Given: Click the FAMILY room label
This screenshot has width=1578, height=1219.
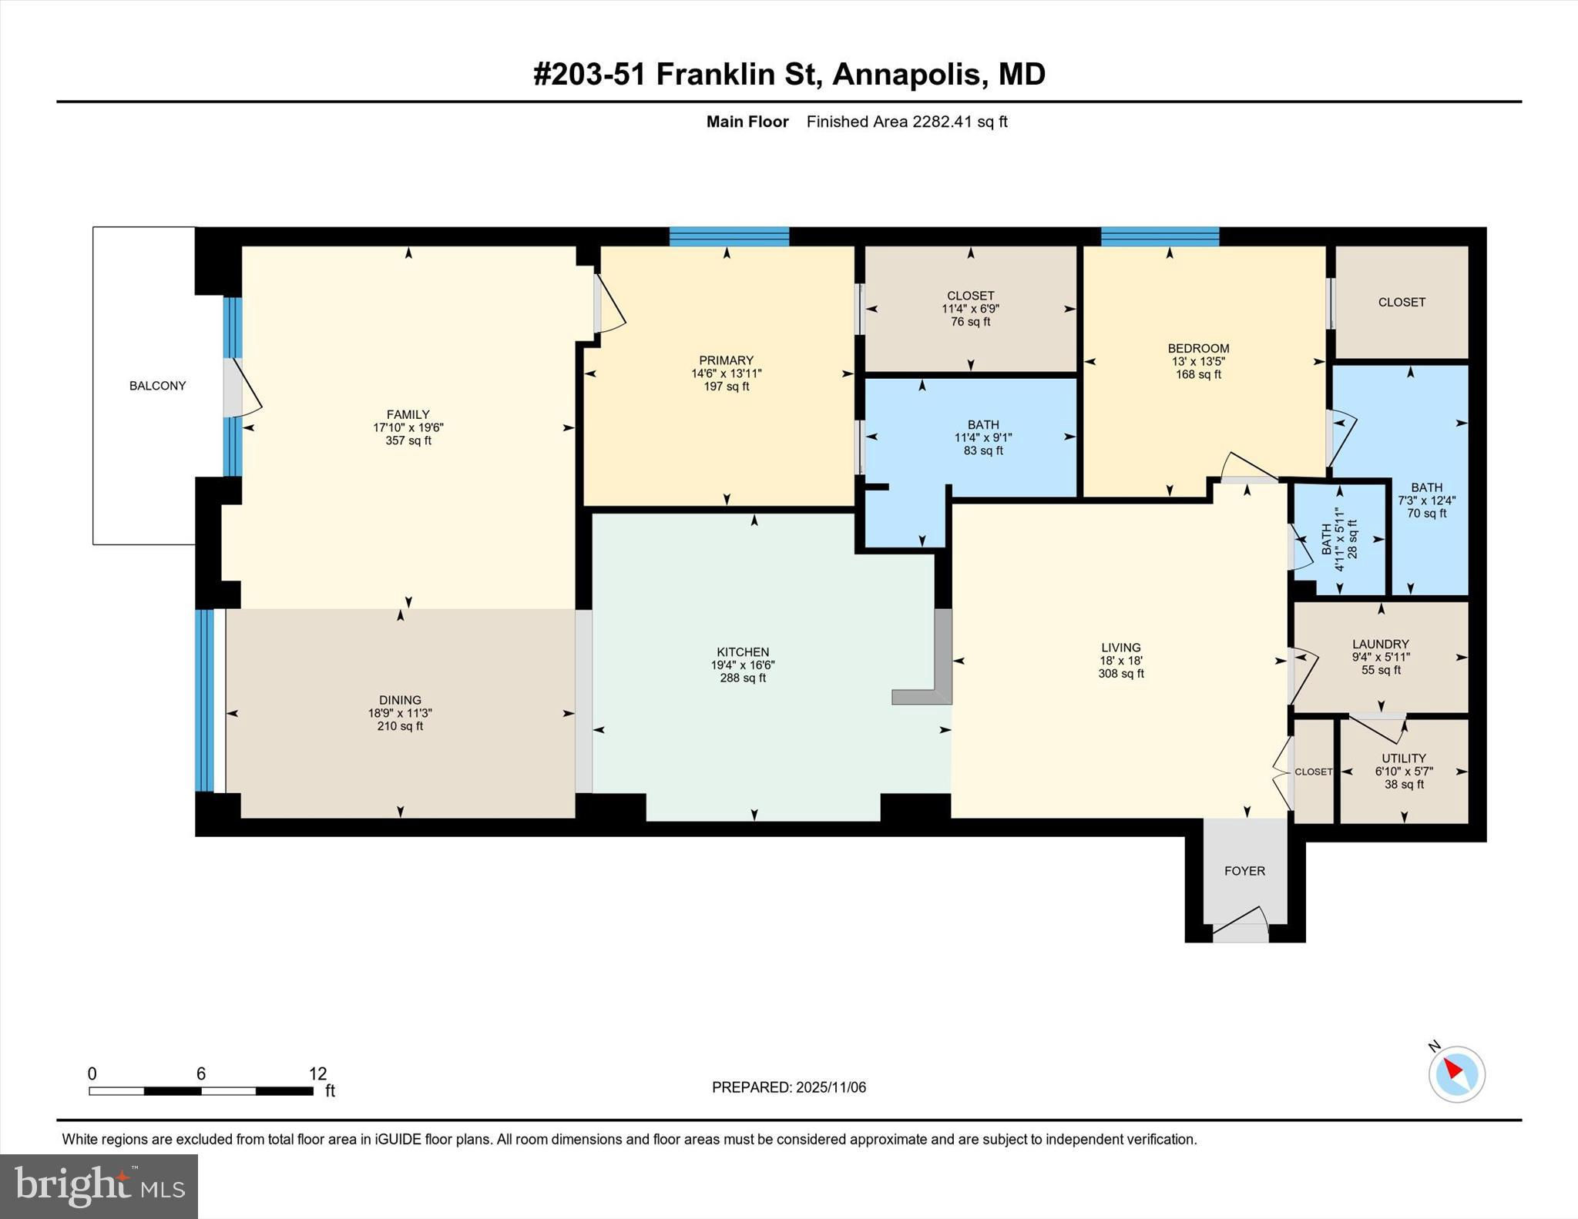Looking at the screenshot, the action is [x=408, y=414].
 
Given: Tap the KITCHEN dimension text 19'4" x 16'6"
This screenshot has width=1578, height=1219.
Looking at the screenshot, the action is [x=743, y=665].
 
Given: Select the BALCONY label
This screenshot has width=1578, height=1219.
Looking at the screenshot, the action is [x=157, y=386].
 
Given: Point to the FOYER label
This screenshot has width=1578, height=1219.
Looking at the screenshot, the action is [x=1244, y=871].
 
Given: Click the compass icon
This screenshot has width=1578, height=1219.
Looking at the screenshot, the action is [x=1456, y=1073].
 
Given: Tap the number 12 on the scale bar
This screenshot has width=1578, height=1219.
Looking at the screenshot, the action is [x=317, y=1073].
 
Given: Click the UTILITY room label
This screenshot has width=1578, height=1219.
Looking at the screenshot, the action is [x=1403, y=759].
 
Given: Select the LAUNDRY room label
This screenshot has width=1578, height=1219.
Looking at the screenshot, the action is [x=1381, y=645].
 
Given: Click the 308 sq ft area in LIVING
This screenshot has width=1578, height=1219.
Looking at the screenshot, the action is [x=1121, y=674].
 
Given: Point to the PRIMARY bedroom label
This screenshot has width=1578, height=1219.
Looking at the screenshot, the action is [x=726, y=360].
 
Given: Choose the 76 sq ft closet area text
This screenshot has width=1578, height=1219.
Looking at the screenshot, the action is [x=970, y=322].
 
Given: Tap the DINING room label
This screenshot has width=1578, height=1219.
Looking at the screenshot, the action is [x=400, y=700].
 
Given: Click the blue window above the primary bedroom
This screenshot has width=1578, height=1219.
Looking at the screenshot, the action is [x=729, y=236].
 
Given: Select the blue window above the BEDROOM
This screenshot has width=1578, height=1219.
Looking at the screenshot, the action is [x=1160, y=236].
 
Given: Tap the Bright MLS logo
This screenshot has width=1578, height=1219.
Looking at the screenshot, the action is [x=99, y=1187].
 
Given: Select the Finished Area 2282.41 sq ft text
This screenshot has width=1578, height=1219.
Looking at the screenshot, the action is [x=907, y=122].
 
